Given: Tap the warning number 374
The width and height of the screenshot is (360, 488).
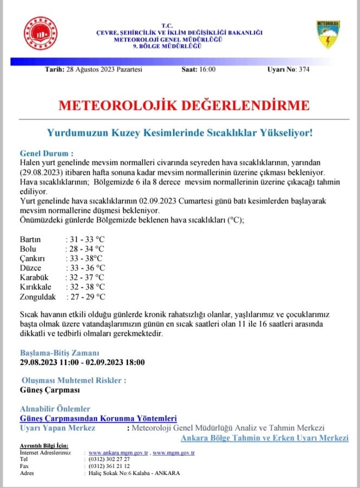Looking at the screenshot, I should click(304, 69).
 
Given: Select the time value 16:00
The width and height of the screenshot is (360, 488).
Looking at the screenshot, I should click(207, 69).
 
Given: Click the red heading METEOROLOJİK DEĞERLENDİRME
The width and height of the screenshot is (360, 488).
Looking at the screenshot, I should click(184, 105).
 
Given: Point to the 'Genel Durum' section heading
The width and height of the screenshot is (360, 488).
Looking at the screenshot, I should click(46, 153).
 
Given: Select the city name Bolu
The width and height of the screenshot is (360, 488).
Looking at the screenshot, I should click(28, 249).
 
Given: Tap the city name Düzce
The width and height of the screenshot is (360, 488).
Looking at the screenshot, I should click(30, 268).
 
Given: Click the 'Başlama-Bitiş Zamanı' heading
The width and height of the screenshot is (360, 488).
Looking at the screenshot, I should click(60, 352).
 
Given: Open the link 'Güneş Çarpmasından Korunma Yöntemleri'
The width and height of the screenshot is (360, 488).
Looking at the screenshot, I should click(98, 419).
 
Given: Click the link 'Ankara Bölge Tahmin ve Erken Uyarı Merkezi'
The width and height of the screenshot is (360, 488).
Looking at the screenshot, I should click(265, 438).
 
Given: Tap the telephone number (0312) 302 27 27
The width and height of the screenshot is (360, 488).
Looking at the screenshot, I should click(110, 459).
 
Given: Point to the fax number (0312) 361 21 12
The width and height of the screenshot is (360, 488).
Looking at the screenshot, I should click(110, 466).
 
